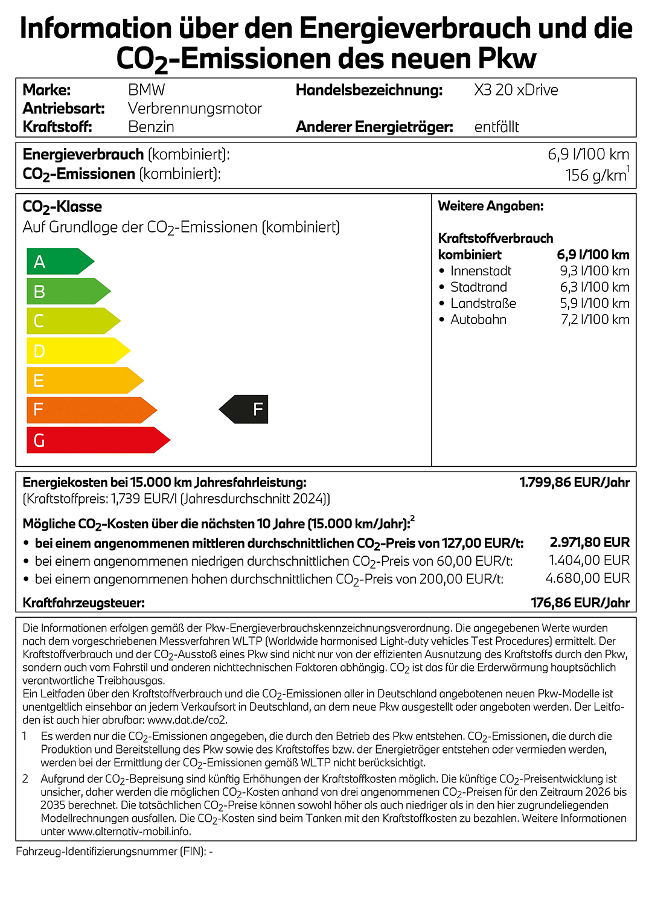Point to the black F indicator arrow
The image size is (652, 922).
pyautogui.click(x=245, y=409)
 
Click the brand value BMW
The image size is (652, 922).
pyautogui.click(x=147, y=90)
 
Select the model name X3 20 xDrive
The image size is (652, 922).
pyautogui.click(x=516, y=90)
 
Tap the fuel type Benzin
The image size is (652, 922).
pyautogui.click(x=151, y=127)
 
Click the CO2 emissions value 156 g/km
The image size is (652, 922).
pyautogui.click(x=596, y=175)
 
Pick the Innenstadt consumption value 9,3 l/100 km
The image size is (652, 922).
pyautogui.click(x=595, y=271)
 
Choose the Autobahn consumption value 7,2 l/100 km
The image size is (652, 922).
pyautogui.click(x=595, y=320)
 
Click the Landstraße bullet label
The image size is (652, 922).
pyautogui.click(x=483, y=304)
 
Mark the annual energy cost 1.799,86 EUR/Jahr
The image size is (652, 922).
pyautogui.click(x=574, y=482)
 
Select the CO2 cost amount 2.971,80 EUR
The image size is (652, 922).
pyautogui.click(x=589, y=542)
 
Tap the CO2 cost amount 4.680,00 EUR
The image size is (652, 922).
pyautogui.click(x=587, y=578)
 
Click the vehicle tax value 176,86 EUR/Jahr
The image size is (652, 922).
pyautogui.click(x=580, y=603)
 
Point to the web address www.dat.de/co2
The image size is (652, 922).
pyautogui.click(x=187, y=720)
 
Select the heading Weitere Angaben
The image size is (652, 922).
pyautogui.click(x=491, y=206)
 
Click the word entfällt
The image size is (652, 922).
pyautogui.click(x=497, y=127)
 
